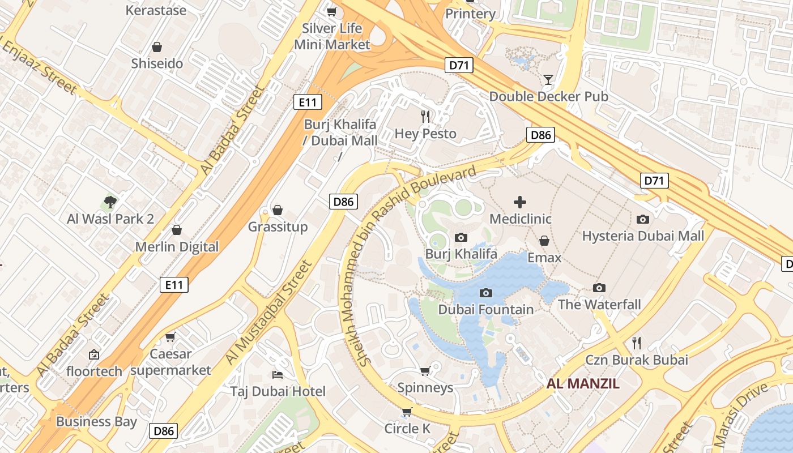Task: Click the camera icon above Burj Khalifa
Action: (x=461, y=238)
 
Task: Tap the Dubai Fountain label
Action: (x=485, y=310)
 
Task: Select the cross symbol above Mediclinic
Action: (x=520, y=202)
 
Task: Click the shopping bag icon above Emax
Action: (x=544, y=241)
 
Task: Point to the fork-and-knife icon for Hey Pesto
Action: (x=425, y=117)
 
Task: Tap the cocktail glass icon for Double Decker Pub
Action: (x=548, y=79)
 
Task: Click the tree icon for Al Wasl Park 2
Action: (x=110, y=202)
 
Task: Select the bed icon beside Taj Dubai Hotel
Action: (x=278, y=374)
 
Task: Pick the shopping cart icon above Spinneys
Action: (x=425, y=371)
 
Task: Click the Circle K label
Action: (x=407, y=429)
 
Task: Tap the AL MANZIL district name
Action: (x=583, y=383)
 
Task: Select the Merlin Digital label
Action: (x=177, y=247)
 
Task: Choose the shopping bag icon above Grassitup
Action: (x=278, y=210)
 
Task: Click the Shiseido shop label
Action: (x=157, y=63)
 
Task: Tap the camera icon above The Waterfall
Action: (x=599, y=288)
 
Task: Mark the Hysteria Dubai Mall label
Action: (x=643, y=236)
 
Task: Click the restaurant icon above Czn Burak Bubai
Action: (x=637, y=343)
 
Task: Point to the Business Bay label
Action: (x=96, y=421)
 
